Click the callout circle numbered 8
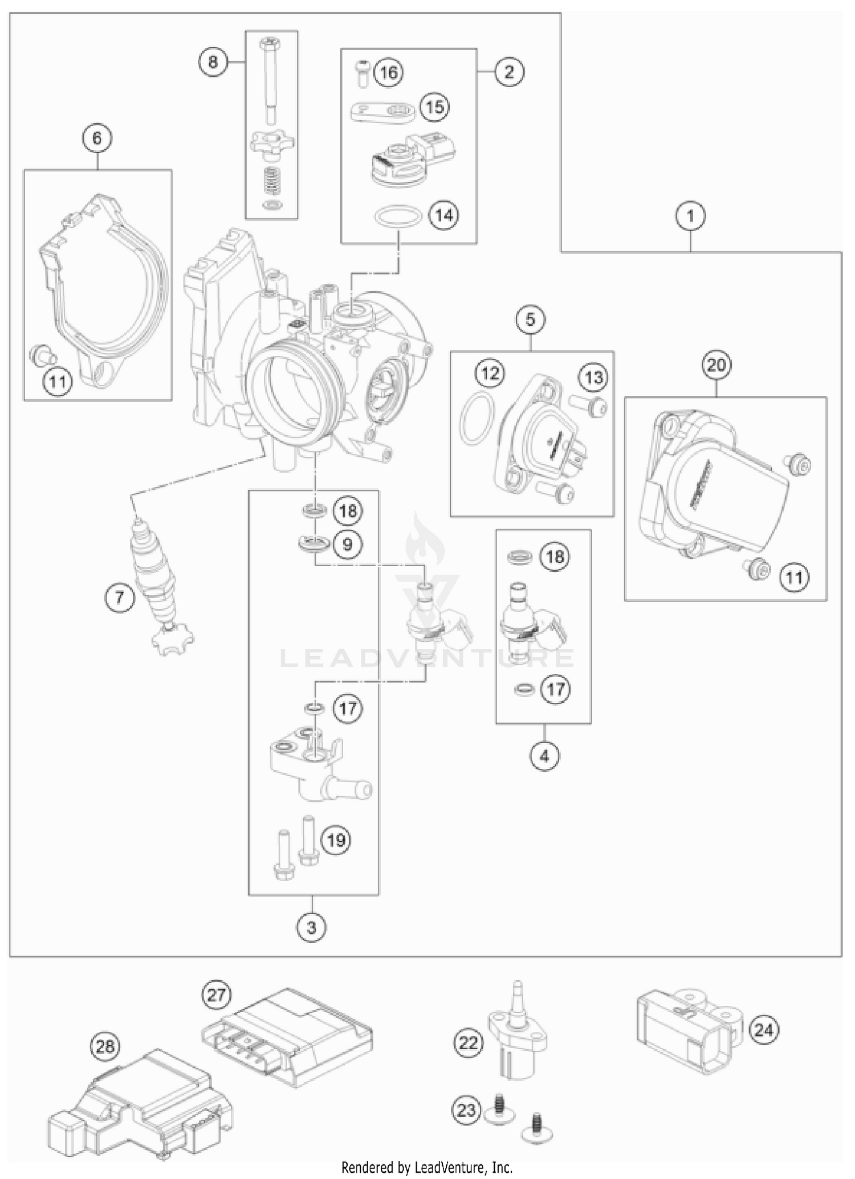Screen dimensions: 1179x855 tap(213, 62)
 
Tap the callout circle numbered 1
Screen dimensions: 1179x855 tap(691, 216)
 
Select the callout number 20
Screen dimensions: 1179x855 tap(716, 365)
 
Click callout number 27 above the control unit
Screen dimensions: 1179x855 tap(217, 995)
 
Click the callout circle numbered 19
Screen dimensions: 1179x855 tap(336, 840)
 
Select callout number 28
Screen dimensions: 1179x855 tap(105, 1046)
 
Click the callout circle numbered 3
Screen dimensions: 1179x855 tap(311, 928)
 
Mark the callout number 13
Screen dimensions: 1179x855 tap(593, 377)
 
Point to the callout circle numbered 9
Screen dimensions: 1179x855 tap(347, 545)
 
